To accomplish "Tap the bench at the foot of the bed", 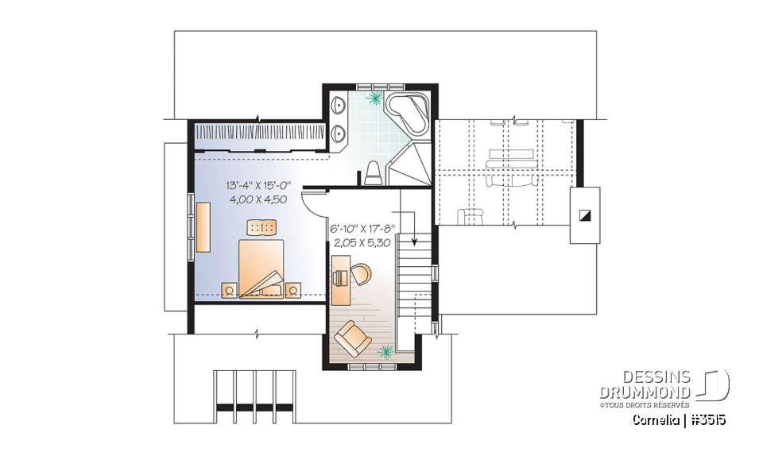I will (261, 228).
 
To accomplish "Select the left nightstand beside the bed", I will (230, 289).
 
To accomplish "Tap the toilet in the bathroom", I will (372, 172).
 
